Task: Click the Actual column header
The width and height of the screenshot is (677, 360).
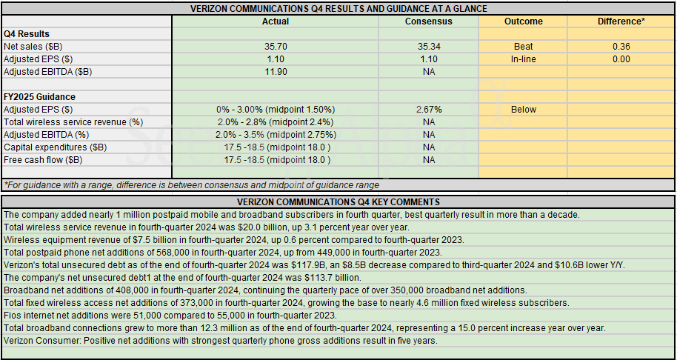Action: (x=276, y=21)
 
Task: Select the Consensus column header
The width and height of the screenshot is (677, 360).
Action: (x=428, y=21)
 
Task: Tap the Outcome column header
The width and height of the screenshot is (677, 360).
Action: (x=523, y=21)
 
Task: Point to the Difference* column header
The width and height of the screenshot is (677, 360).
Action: (x=621, y=21)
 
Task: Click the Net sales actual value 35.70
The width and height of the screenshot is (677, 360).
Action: (x=276, y=47)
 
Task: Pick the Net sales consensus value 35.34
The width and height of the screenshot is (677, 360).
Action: (x=428, y=47)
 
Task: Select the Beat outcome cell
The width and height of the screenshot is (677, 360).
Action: (x=523, y=47)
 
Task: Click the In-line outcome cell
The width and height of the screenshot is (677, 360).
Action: (x=523, y=59)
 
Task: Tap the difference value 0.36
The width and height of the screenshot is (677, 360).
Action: (x=621, y=47)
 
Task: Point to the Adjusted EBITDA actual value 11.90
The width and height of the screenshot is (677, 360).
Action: (x=276, y=72)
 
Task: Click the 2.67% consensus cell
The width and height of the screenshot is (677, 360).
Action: (x=428, y=110)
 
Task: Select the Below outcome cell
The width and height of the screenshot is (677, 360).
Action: (x=523, y=110)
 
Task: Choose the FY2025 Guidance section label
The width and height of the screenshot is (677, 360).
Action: (x=39, y=97)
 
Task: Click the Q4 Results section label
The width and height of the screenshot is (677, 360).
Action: (x=27, y=34)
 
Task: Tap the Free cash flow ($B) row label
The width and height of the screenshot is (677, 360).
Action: (x=43, y=160)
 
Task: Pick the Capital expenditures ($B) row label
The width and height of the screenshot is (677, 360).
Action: (x=55, y=147)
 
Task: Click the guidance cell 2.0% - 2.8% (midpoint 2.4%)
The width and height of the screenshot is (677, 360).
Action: (x=276, y=122)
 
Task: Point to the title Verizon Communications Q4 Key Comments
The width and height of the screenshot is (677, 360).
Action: (x=338, y=202)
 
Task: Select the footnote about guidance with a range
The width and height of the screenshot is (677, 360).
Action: (x=191, y=185)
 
